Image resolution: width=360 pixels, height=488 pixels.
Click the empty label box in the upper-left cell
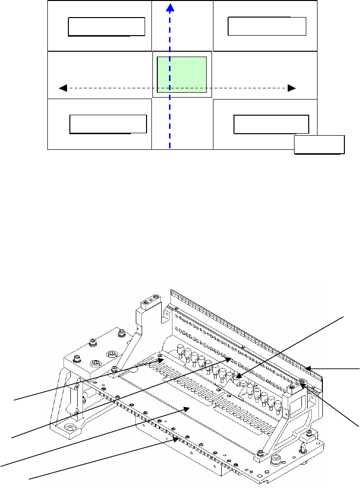pos(106,27)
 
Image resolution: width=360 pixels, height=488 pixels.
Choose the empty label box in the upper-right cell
pos(267,26)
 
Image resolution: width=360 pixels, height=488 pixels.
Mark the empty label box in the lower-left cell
pos(108,124)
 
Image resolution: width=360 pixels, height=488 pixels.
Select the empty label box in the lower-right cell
pos(271,124)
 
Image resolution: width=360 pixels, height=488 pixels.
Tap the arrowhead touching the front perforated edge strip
pos(176,439)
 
